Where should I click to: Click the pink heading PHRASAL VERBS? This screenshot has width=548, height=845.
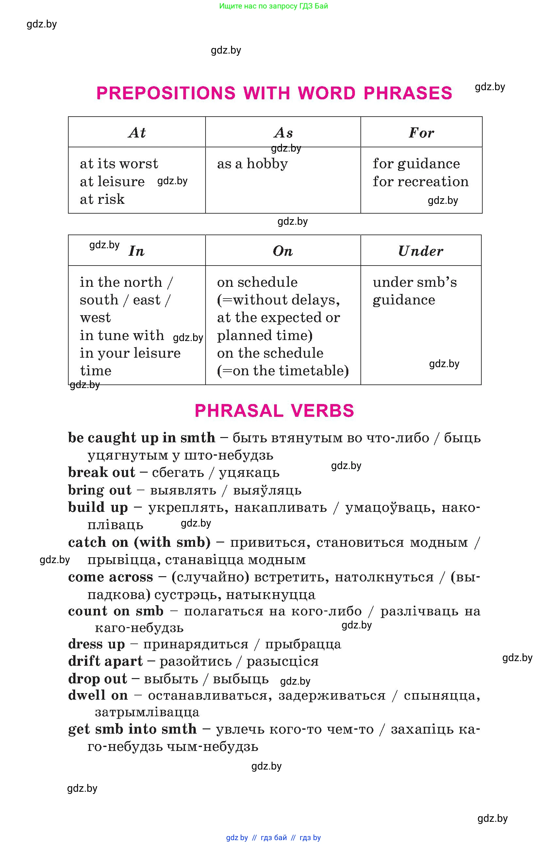(274, 411)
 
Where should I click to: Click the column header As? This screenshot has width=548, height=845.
(283, 133)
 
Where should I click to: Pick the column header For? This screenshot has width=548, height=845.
(421, 133)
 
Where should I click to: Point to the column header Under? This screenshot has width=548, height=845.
(421, 251)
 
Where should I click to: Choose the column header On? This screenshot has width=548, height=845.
(283, 251)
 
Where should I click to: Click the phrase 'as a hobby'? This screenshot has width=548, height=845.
(253, 164)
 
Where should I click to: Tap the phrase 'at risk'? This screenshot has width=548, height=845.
(102, 199)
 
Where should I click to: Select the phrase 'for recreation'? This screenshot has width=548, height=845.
(421, 181)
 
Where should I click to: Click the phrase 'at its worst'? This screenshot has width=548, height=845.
(119, 164)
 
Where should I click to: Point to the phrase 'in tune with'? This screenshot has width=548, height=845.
(122, 335)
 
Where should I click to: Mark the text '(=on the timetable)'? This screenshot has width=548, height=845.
(283, 371)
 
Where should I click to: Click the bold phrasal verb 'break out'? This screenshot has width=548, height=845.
(102, 473)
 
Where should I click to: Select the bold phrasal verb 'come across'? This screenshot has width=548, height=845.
(110, 577)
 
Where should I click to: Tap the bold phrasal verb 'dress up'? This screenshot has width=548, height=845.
(97, 644)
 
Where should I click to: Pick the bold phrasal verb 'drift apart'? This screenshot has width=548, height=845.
(105, 661)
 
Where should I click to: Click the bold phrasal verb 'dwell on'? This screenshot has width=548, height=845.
(98, 695)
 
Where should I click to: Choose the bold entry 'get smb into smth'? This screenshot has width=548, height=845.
(132, 729)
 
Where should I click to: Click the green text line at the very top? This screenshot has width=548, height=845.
(274, 6)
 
